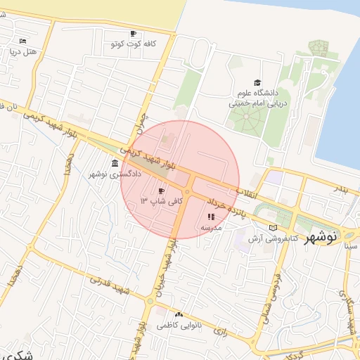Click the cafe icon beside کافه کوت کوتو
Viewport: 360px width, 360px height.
[134, 33]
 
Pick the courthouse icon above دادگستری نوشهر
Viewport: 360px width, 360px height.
[115, 163]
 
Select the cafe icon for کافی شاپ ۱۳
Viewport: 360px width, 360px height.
[161, 191]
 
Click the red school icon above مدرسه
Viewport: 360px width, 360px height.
[211, 217]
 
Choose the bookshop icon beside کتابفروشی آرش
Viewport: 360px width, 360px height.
[273, 228]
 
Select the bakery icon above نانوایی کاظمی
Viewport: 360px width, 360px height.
[179, 314]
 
